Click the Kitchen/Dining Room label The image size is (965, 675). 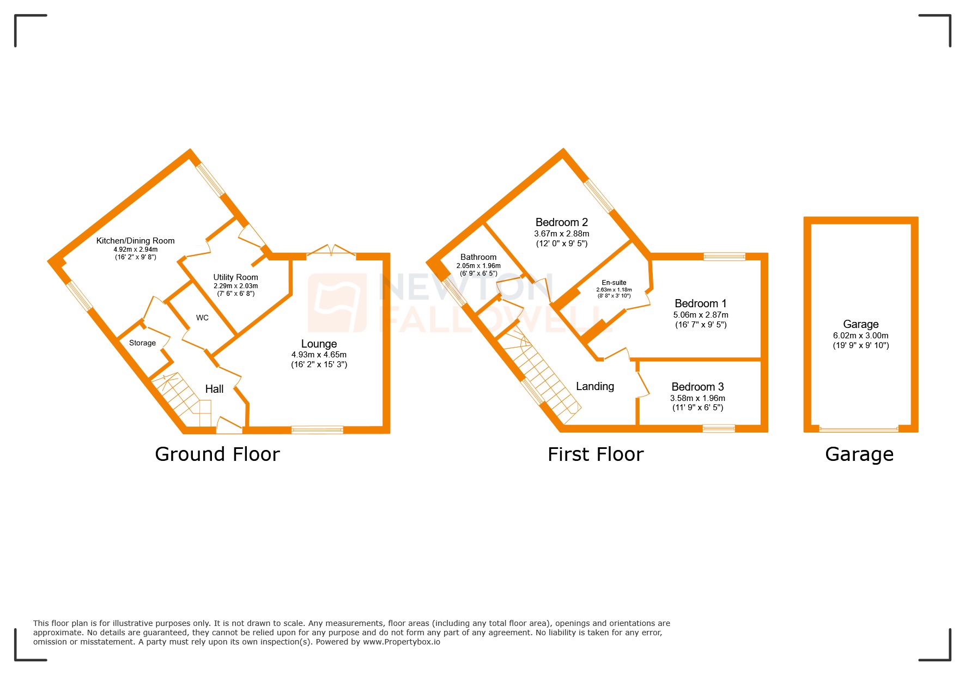pyautogui.click(x=135, y=241)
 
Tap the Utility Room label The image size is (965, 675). pyautogui.click(x=235, y=277)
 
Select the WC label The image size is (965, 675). pyautogui.click(x=202, y=318)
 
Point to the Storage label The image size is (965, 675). pyautogui.click(x=142, y=343)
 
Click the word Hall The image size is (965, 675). pyautogui.click(x=214, y=389)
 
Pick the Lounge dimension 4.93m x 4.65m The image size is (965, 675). pyautogui.click(x=319, y=355)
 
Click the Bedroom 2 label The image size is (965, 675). pyautogui.click(x=561, y=222)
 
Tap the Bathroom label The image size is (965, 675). pyautogui.click(x=478, y=257)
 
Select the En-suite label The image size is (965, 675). pyautogui.click(x=614, y=283)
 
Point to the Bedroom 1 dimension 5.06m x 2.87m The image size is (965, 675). pyautogui.click(x=701, y=315)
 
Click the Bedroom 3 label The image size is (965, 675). pyautogui.click(x=697, y=387)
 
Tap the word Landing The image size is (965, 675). pyautogui.click(x=595, y=386)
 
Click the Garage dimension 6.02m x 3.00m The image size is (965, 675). pyautogui.click(x=860, y=336)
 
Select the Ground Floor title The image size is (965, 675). pyautogui.click(x=217, y=454)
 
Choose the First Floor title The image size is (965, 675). pyautogui.click(x=596, y=454)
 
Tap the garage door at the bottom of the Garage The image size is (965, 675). pyautogui.click(x=859, y=430)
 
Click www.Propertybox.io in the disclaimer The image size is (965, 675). pyautogui.click(x=402, y=642)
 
